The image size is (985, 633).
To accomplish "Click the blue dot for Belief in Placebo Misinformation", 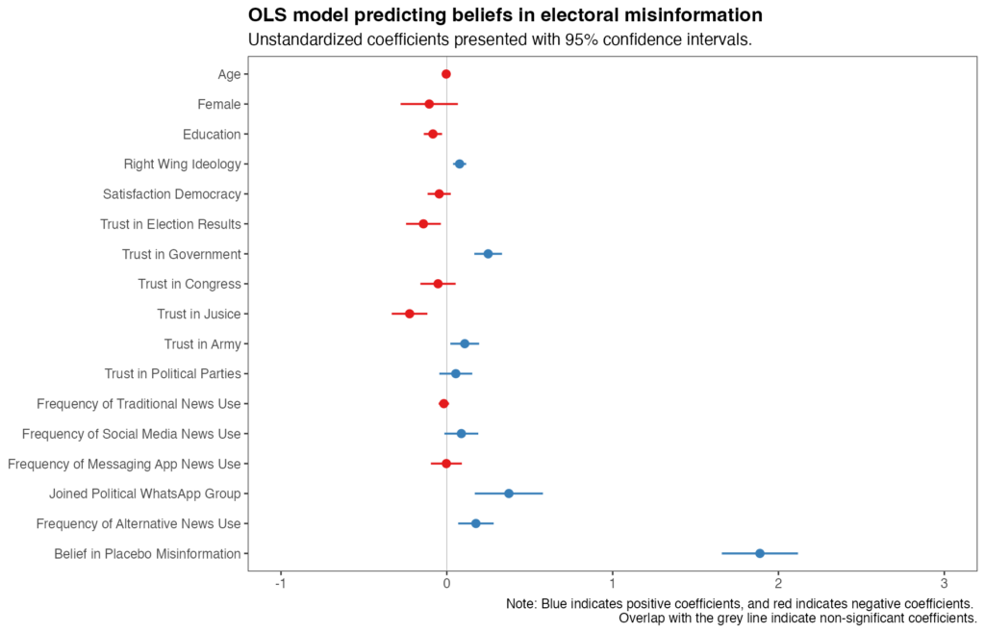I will [759, 553].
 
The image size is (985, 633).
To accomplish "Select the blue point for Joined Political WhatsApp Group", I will [509, 494].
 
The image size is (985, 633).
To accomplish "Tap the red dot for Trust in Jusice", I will [410, 314].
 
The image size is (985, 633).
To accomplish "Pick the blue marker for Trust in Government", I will [488, 254].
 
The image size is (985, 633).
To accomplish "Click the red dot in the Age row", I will [446, 74].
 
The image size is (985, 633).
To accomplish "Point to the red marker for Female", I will [429, 104].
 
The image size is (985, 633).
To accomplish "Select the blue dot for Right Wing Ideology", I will [460, 165].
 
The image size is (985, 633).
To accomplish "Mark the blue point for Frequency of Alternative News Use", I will [475, 523].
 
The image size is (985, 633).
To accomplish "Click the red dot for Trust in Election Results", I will [423, 224].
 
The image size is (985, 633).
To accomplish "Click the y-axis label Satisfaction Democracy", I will [171, 194].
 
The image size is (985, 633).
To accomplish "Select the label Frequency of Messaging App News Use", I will [124, 464].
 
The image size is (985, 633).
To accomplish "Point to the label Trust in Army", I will [202, 343].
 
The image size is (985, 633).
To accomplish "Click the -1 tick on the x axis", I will [280, 584].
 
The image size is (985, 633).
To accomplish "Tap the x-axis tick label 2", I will [778, 584].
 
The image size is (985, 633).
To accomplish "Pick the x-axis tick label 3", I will [944, 584].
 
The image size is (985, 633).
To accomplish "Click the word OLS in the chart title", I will [268, 15].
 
